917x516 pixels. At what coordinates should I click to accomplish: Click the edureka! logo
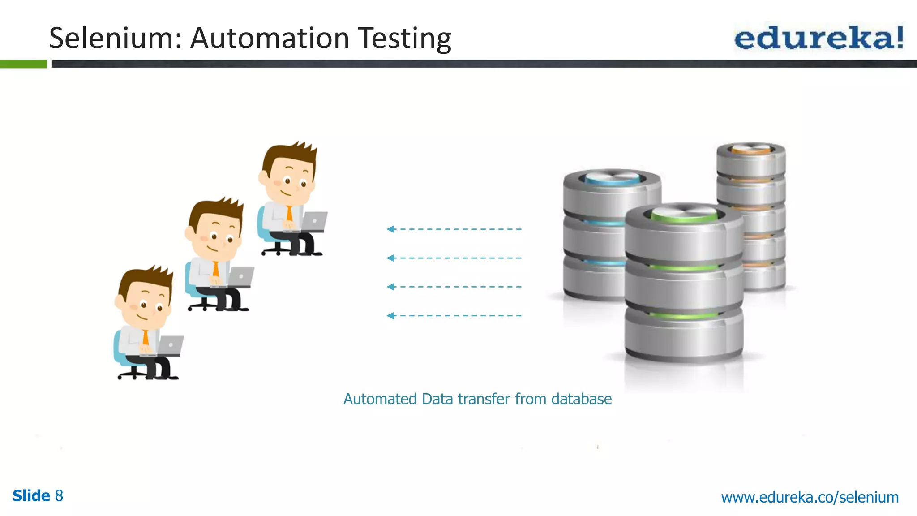coord(819,38)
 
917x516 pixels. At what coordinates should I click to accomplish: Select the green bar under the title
coord(23,64)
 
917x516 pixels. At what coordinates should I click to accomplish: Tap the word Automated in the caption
coord(380,399)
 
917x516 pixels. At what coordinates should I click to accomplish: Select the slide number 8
coord(59,496)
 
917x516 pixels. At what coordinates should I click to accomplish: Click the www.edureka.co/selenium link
coord(810,497)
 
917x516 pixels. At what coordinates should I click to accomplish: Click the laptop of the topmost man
coord(314,221)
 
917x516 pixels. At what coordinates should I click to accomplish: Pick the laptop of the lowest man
coord(170,345)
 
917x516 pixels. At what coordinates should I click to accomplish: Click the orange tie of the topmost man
coord(289,214)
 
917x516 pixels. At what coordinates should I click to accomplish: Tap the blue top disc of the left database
coord(612,178)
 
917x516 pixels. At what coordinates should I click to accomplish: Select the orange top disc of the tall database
coord(751,149)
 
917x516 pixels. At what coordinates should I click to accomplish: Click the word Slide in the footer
coord(31,496)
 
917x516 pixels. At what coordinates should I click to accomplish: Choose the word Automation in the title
coord(270,38)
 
